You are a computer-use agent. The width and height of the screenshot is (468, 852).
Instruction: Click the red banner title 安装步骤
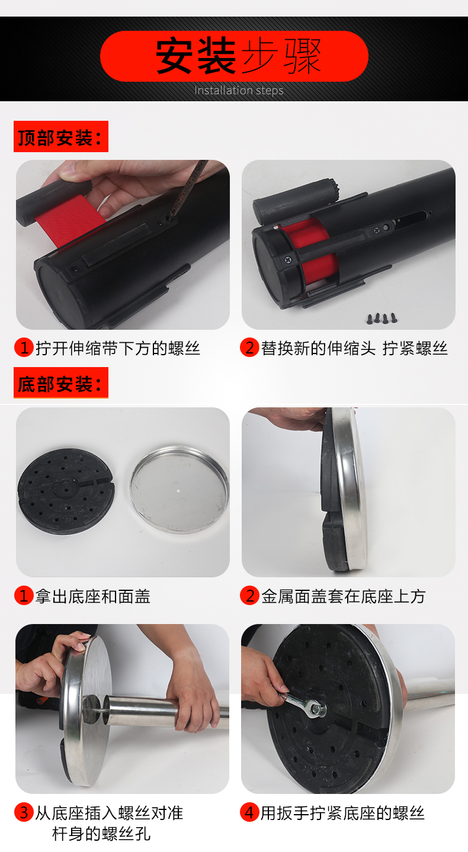point(239,56)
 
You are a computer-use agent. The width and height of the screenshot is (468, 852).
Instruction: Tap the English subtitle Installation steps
point(239,91)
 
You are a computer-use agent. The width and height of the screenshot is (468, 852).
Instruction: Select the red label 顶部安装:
point(61,137)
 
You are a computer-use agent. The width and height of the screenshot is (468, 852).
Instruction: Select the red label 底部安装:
point(61,383)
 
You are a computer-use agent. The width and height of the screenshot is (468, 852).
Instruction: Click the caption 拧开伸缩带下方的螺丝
point(117,348)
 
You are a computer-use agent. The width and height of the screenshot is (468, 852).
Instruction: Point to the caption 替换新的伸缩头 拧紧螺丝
point(354,348)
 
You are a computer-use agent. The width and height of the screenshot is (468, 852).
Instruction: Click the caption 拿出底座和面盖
point(92,596)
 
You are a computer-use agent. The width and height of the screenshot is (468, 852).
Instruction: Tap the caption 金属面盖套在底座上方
point(343,596)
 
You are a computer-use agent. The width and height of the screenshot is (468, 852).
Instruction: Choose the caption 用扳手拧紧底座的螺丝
point(342,813)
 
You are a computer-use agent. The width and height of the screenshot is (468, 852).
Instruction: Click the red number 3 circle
point(24,812)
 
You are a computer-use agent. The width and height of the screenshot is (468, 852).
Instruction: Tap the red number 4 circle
point(249,812)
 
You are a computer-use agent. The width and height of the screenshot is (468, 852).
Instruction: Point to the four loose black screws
point(382,319)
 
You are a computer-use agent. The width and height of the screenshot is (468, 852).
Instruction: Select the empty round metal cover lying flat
point(179,490)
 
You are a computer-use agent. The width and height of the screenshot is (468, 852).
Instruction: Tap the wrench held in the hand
point(303,704)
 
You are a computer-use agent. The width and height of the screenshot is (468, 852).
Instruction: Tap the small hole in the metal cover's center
point(178,490)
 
